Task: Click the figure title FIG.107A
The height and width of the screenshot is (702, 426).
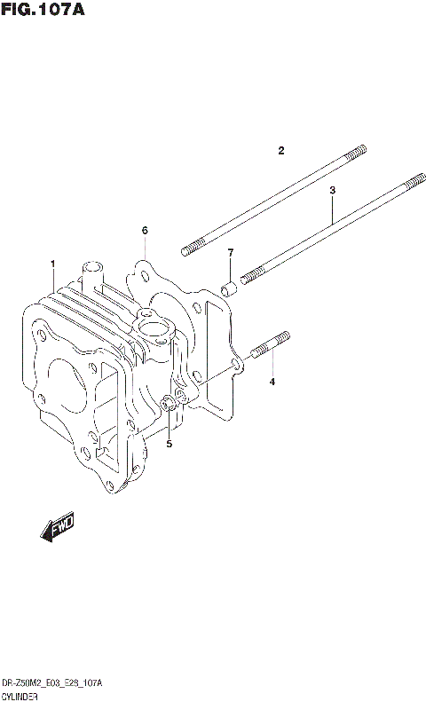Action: coord(43,10)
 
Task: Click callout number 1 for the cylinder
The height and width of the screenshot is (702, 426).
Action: coord(53,264)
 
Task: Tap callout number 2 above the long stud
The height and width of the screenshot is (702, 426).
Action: coord(280,150)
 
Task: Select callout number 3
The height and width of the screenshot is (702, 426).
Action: coord(332,190)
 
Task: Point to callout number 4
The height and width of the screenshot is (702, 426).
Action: coord(272,382)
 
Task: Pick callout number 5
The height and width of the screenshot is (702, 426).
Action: coord(169,443)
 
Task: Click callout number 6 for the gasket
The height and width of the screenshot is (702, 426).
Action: coord(144,231)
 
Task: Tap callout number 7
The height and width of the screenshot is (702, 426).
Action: coord(230,253)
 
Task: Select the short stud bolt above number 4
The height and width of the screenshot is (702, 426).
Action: coord(271,345)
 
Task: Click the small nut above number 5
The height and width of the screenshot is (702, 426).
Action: coord(167,405)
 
